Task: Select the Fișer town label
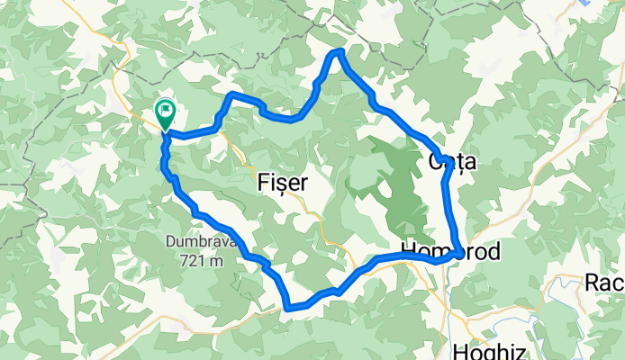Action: click(284, 182)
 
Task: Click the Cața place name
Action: click(450, 163)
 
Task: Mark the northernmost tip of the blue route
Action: click(340, 52)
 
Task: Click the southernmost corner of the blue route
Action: click(287, 308)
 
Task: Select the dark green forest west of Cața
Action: click(396, 180)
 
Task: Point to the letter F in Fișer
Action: click(264, 182)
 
